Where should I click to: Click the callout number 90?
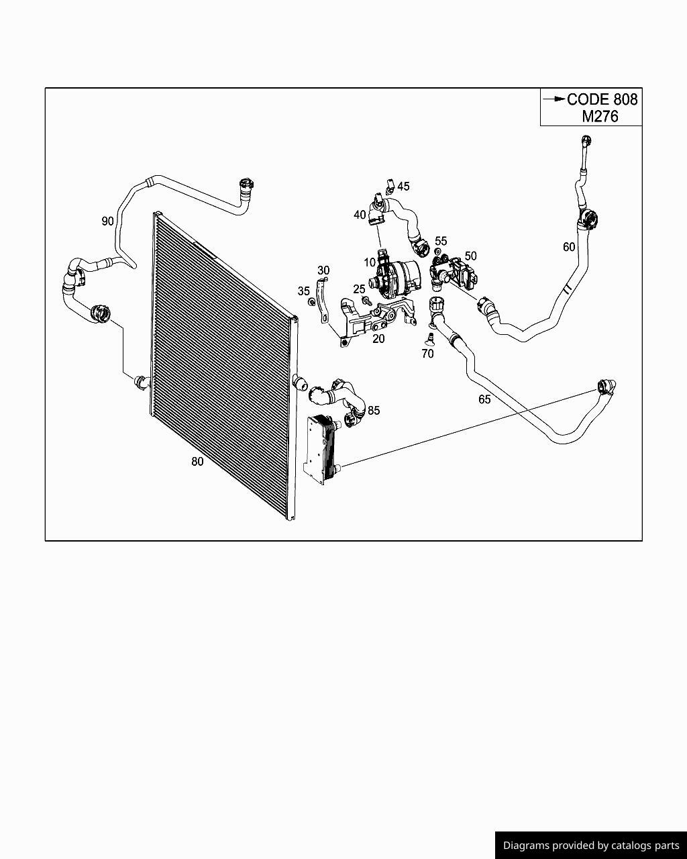107,221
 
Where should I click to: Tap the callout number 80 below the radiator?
197,462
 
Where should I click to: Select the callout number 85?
374,410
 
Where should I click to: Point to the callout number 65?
484,399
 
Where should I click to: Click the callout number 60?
569,247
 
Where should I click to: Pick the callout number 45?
403,187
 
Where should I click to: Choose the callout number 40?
360,215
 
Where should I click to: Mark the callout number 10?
370,262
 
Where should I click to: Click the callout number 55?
441,241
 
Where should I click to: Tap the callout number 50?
470,256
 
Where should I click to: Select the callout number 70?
427,354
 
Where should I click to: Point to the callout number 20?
378,339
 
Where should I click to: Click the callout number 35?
304,291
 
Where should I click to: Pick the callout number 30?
323,270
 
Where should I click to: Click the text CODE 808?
602,99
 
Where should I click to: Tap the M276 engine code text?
600,116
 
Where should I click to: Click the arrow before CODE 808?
554,99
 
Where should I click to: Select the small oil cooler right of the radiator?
320,448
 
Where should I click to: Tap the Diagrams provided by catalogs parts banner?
590,845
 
